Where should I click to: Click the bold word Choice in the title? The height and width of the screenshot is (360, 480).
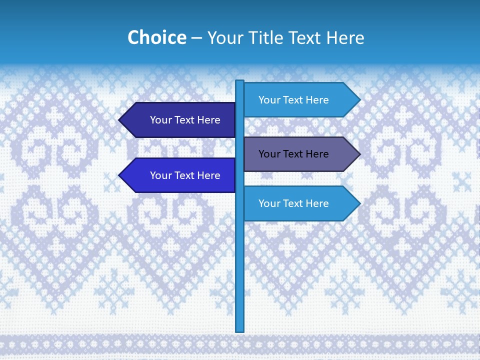click(x=156, y=37)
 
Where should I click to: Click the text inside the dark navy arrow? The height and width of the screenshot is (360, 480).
click(x=185, y=120)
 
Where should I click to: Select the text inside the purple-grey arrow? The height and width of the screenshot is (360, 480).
click(x=293, y=154)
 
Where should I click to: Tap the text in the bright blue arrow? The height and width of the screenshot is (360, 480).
click(x=185, y=175)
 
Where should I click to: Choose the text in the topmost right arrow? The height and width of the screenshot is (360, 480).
click(x=293, y=100)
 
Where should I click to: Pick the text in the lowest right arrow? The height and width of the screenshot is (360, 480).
click(x=293, y=203)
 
